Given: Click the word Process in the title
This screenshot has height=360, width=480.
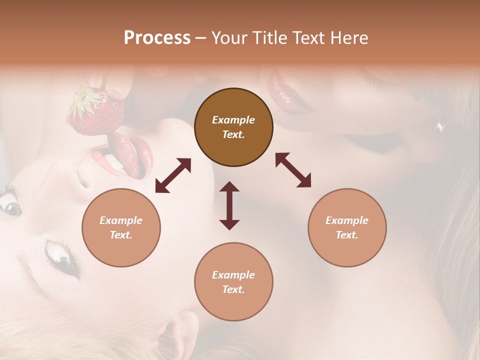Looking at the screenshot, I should [157, 38].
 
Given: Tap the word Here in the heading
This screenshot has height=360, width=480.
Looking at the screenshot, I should [348, 38].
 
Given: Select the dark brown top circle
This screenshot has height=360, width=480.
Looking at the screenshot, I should [233, 127].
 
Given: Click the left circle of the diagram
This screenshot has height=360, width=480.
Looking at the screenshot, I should [121, 227].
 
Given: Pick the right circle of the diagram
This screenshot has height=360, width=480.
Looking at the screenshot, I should [347, 227].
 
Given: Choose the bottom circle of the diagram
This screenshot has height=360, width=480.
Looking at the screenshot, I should [233, 282].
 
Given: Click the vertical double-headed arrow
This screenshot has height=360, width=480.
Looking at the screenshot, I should [229, 205].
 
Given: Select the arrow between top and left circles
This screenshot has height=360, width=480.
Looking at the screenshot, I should [173, 175].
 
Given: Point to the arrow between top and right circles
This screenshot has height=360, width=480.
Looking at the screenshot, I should [293, 170].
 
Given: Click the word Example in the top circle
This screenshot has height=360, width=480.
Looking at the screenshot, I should [233, 120].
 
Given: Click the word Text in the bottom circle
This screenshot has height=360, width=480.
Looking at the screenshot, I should [232, 289].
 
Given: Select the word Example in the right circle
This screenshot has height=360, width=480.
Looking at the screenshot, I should [347, 220].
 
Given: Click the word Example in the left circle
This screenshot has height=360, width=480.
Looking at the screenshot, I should [121, 220].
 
